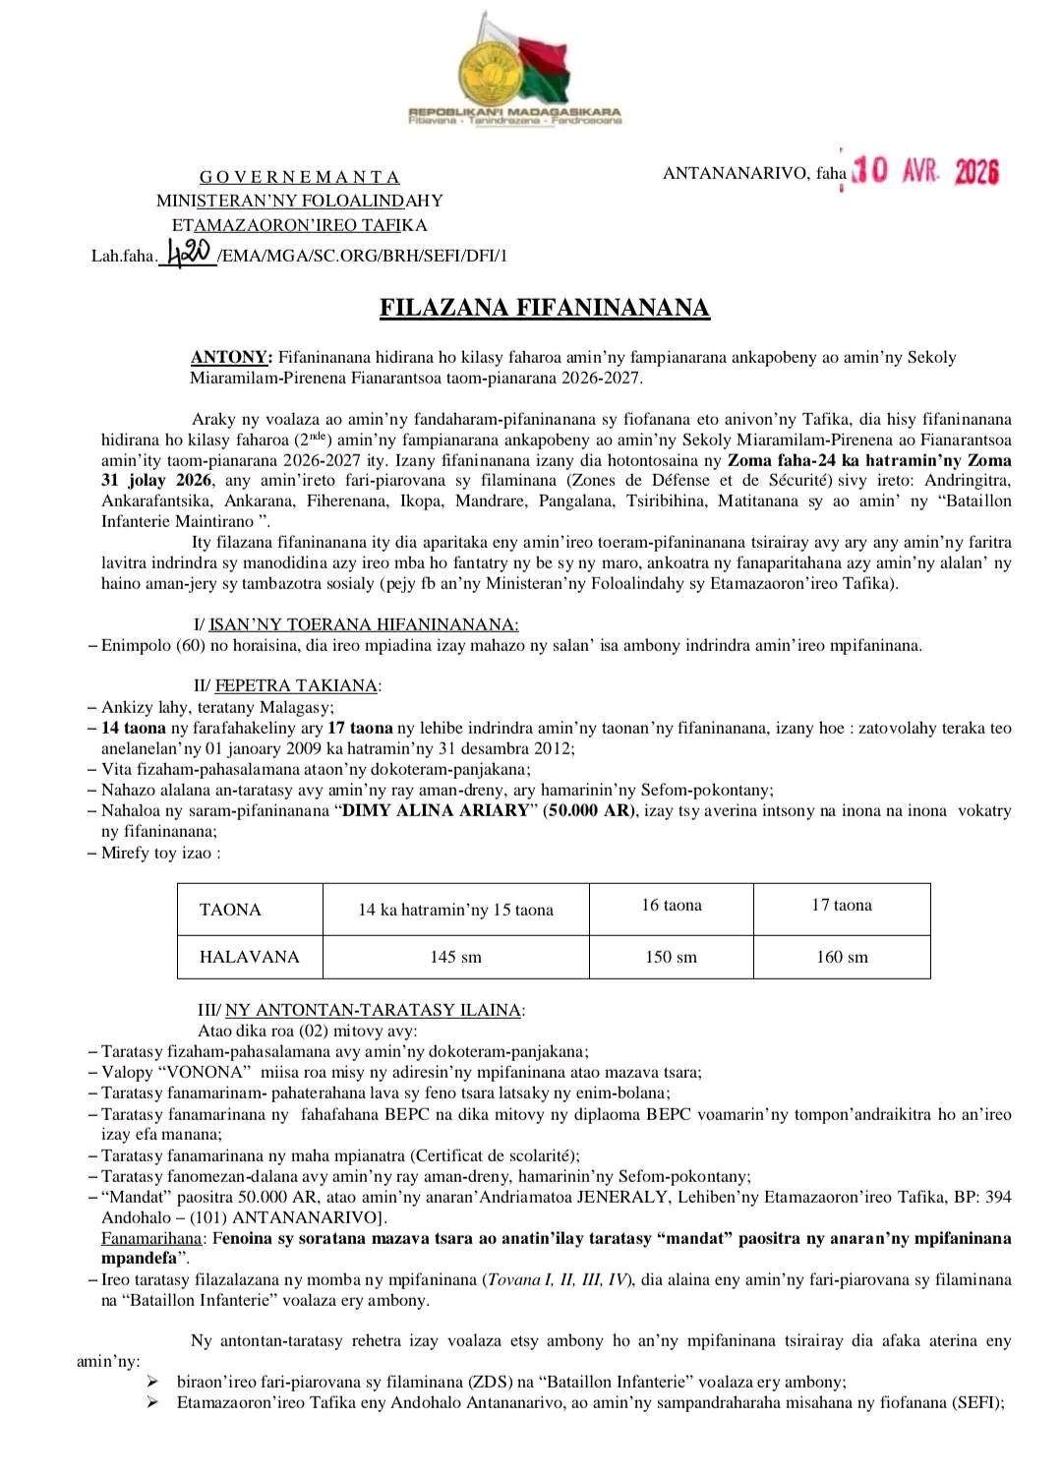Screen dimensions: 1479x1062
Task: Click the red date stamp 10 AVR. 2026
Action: pyautogui.click(x=925, y=172)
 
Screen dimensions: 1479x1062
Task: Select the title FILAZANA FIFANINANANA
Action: pyautogui.click(x=545, y=308)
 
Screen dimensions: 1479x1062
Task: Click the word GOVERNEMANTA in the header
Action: pyautogui.click(x=300, y=177)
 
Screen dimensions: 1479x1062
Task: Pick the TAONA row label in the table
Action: pyautogui.click(x=230, y=910)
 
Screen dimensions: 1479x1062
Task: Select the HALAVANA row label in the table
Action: pyautogui.click(x=249, y=957)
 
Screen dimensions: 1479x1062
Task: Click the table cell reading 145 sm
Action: pyautogui.click(x=455, y=957)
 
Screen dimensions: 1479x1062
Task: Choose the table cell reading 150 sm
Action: pyautogui.click(x=671, y=957)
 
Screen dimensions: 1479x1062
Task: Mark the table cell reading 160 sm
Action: pyautogui.click(x=842, y=957)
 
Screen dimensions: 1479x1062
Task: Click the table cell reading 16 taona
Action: pyautogui.click(x=672, y=905)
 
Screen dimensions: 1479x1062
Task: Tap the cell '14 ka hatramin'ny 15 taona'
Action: pyautogui.click(x=455, y=910)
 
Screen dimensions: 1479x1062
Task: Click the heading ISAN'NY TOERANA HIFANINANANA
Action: pyautogui.click(x=364, y=624)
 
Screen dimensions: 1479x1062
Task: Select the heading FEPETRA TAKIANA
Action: pyautogui.click(x=297, y=685)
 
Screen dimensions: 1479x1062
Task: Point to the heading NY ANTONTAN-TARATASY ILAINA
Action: pyautogui.click(x=374, y=1010)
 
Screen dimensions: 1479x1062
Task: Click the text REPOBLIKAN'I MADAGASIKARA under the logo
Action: pyautogui.click(x=514, y=112)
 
